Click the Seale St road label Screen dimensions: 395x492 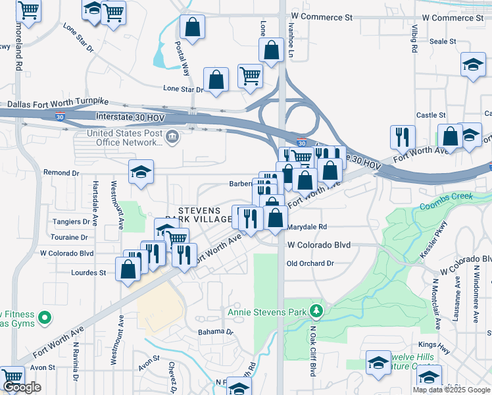click(443, 41)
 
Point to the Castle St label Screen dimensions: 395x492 click(431, 115)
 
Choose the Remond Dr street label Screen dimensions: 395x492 click(61, 172)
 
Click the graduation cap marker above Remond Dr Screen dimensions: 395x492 click(141, 172)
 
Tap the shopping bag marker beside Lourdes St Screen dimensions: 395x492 click(128, 269)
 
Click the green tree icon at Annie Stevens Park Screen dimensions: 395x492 click(316, 310)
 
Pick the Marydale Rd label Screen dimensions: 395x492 click(307, 227)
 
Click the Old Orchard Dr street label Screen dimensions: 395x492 click(310, 263)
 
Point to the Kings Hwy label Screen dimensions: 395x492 click(431, 345)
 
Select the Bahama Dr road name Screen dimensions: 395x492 click(216, 332)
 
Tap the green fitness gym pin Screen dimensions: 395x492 click(45, 319)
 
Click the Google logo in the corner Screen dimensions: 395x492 click(22, 387)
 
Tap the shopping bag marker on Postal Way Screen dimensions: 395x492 click(192, 28)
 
